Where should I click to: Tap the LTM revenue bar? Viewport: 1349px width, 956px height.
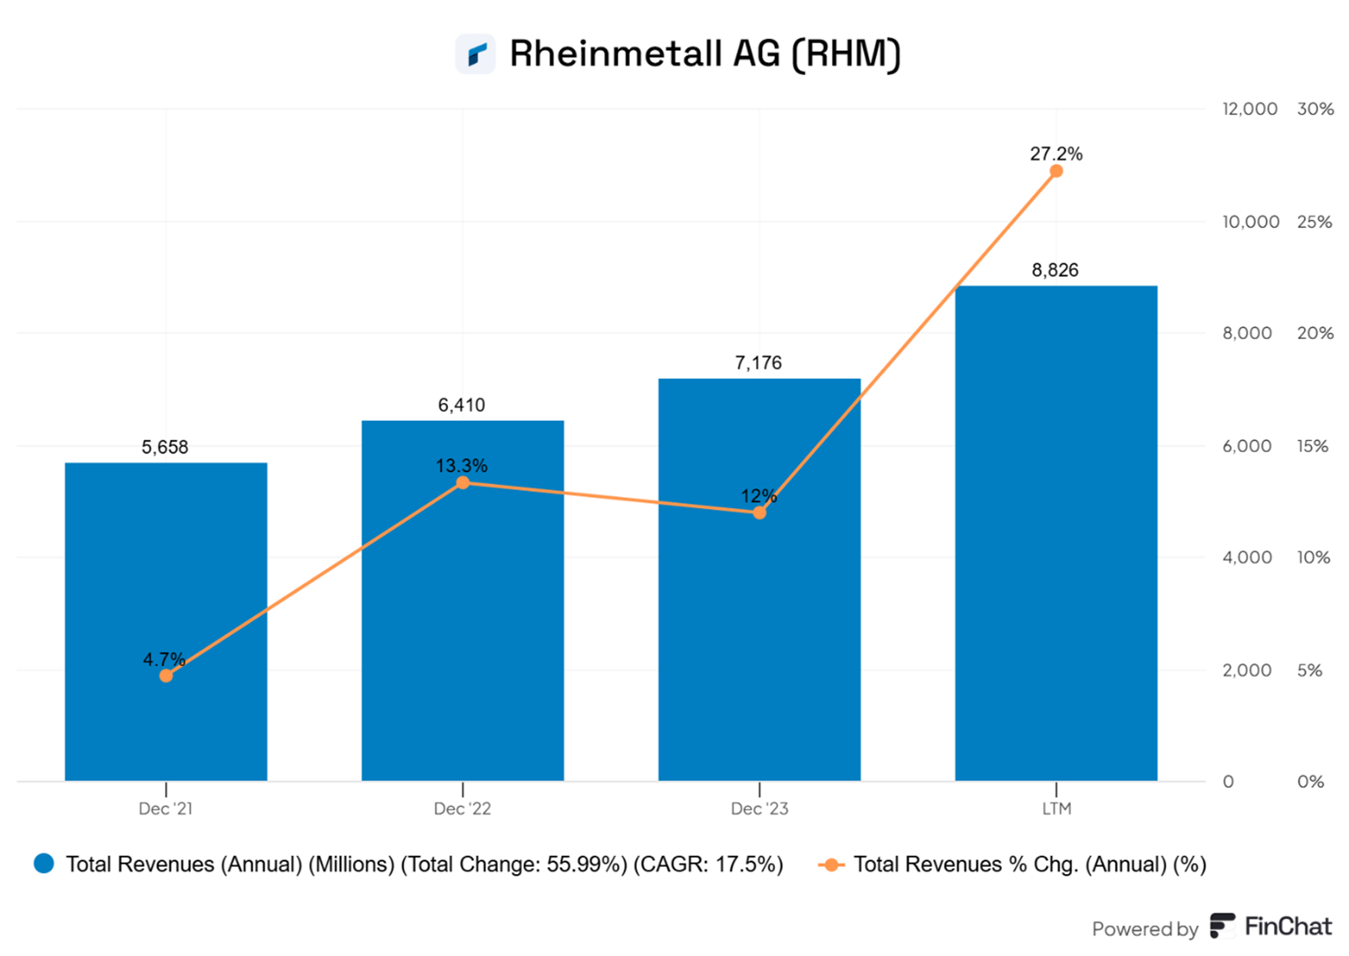click(1056, 537)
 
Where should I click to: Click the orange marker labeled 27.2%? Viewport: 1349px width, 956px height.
click(1056, 171)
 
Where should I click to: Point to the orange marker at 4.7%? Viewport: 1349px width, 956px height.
click(166, 676)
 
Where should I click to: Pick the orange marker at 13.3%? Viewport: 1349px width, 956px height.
click(463, 483)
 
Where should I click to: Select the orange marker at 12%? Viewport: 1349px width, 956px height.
click(759, 513)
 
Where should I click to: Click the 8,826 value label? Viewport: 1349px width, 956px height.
click(1055, 270)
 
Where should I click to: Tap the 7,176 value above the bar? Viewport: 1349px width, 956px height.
click(758, 363)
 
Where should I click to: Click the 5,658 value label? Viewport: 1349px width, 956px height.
click(165, 447)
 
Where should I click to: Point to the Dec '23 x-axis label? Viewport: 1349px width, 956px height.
click(759, 809)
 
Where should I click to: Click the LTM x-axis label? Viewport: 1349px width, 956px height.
click(1056, 809)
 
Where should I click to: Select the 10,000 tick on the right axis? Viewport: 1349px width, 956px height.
click(1250, 222)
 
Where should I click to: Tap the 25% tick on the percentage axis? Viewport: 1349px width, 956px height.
click(1314, 222)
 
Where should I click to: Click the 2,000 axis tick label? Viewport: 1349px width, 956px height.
click(1247, 671)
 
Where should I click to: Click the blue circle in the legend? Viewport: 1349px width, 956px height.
click(45, 863)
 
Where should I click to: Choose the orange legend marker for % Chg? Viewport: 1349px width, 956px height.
click(831, 865)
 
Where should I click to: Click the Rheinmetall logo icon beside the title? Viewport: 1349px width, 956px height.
click(476, 54)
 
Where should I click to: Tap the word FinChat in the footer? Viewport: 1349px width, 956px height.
click(1288, 927)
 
